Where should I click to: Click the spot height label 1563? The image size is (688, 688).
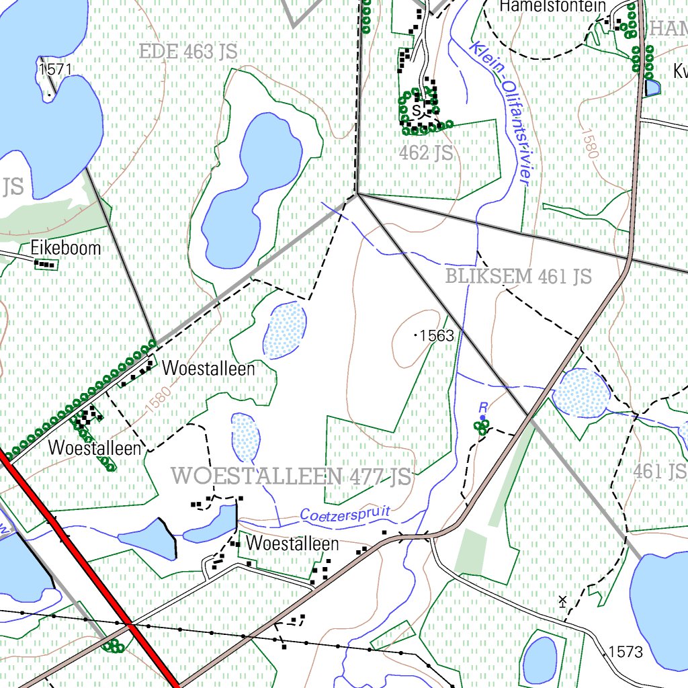pyautogui.click(x=437, y=335)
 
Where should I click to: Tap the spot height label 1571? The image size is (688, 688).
pyautogui.click(x=55, y=69)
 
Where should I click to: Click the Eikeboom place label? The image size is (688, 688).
pyautogui.click(x=66, y=248)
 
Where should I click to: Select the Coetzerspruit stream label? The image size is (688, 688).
pyautogui.click(x=345, y=515)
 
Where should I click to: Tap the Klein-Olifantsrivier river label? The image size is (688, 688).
pyautogui.click(x=501, y=111)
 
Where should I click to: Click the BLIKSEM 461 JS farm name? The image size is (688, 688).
pyautogui.click(x=518, y=276)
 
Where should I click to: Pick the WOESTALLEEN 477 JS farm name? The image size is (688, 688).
pyautogui.click(x=291, y=476)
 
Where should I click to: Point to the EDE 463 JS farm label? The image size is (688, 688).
pyautogui.click(x=188, y=51)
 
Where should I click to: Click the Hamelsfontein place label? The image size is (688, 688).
pyautogui.click(x=552, y=7)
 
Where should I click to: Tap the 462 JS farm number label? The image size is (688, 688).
pyautogui.click(x=425, y=153)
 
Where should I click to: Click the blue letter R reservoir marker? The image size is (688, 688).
pyautogui.click(x=482, y=407)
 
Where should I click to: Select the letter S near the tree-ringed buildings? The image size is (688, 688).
pyautogui.click(x=417, y=110)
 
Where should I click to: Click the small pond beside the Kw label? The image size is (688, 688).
pyautogui.click(x=652, y=87)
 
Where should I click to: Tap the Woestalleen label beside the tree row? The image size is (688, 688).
pyautogui.click(x=208, y=368)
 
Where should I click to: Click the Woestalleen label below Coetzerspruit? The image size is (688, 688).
pyautogui.click(x=292, y=543)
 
